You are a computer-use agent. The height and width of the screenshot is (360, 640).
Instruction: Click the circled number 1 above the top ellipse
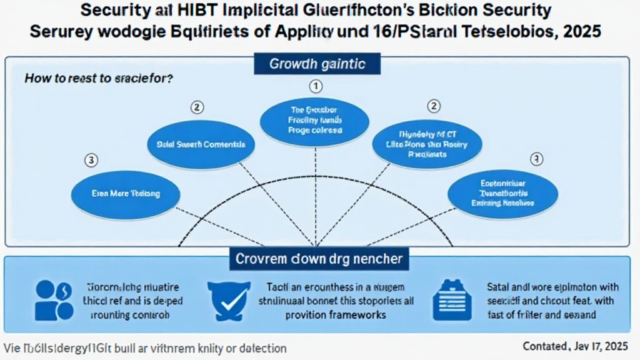(316, 86)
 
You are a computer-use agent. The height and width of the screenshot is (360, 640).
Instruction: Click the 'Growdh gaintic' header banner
(317, 64)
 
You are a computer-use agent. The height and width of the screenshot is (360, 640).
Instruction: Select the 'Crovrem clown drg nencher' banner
(319, 258)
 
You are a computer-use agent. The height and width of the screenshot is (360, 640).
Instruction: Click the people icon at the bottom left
(54, 299)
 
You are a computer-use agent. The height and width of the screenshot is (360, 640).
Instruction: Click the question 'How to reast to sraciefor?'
(99, 79)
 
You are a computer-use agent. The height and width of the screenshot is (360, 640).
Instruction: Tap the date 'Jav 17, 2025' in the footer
(604, 346)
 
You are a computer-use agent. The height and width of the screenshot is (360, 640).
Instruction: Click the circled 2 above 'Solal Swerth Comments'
(197, 107)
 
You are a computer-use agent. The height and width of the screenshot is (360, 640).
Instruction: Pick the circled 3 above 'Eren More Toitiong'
(91, 160)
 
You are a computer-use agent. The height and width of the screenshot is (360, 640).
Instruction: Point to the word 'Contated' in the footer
(544, 346)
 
